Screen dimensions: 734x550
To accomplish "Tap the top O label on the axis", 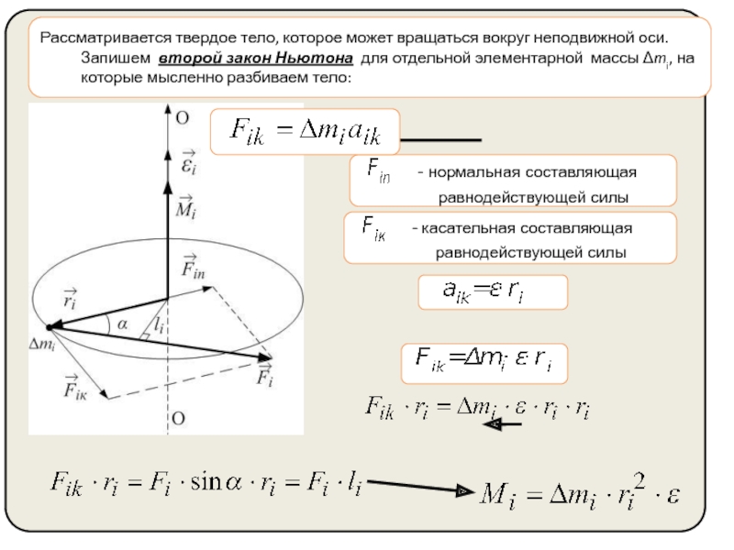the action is click(x=182, y=117).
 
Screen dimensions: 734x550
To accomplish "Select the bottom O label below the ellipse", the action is click(x=181, y=418).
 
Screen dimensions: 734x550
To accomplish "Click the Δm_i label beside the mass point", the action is click(x=43, y=345).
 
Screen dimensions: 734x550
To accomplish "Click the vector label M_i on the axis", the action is click(x=184, y=207).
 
